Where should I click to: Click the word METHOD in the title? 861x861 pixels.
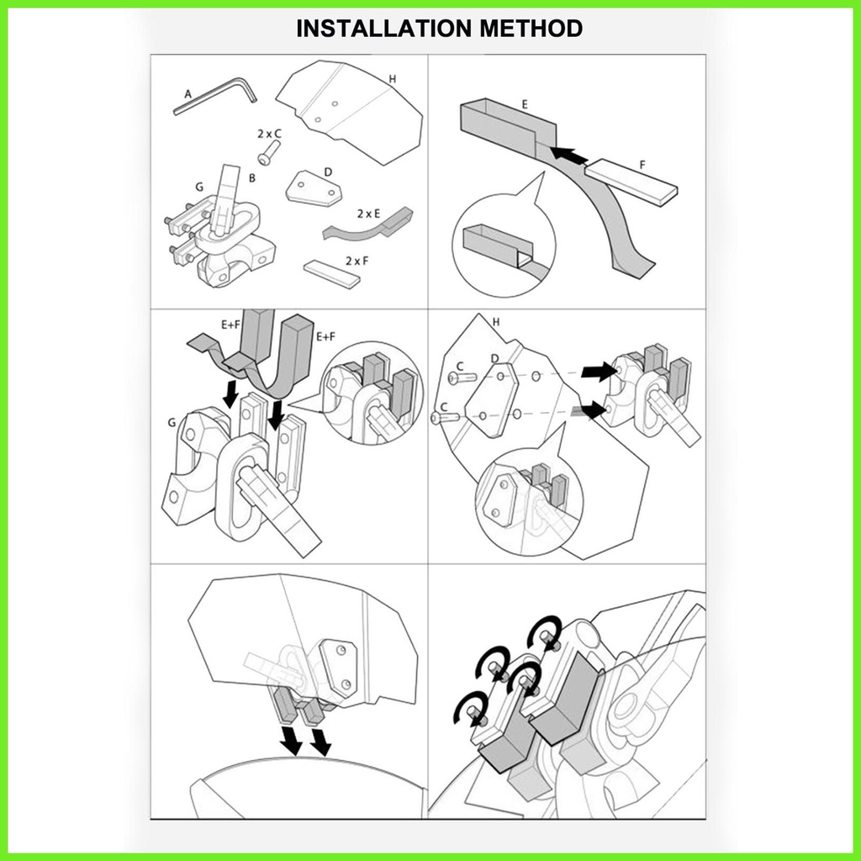(x=531, y=29)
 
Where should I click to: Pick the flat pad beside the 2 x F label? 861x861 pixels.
(x=331, y=273)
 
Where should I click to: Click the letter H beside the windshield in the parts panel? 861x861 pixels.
(x=393, y=80)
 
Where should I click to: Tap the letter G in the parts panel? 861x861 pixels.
(x=199, y=188)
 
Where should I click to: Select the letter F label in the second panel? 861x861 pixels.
(x=643, y=165)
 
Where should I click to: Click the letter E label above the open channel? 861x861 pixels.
(x=525, y=104)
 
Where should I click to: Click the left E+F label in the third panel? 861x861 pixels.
(x=231, y=325)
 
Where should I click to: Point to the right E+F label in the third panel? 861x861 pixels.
(x=325, y=335)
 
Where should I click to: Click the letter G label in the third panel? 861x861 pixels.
(x=172, y=423)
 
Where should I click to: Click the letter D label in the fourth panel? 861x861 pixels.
(x=494, y=359)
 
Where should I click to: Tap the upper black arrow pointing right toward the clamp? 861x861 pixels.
(x=599, y=372)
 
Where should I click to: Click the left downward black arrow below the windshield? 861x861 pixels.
(x=290, y=741)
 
